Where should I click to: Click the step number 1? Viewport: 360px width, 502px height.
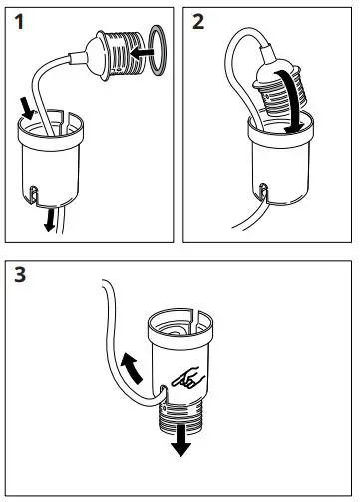click(19, 22)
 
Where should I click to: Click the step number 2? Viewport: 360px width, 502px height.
click(198, 22)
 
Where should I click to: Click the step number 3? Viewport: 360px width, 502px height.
click(20, 275)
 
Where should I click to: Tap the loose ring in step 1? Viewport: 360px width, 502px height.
click(157, 49)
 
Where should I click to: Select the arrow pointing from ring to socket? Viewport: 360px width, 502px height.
click(142, 53)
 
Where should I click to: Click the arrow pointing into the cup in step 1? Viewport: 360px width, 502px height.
click(27, 108)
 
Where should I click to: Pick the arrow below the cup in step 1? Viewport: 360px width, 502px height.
click(50, 219)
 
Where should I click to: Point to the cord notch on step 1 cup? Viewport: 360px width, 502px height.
click(33, 194)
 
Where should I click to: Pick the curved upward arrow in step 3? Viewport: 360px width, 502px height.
click(131, 368)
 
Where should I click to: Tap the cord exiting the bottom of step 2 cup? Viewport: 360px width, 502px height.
click(250, 216)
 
